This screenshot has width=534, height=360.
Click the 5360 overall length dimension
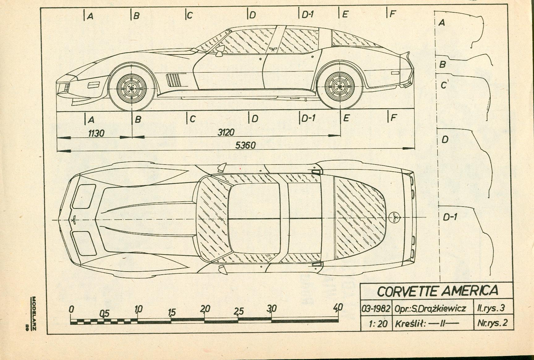tap(245, 145)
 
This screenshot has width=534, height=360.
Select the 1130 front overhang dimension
tap(96, 133)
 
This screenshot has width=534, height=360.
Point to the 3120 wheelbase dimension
tap(226, 132)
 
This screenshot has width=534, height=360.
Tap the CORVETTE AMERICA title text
tap(437, 291)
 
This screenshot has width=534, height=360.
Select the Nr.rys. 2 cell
tap(492, 323)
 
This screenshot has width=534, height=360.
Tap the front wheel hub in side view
tap(132, 88)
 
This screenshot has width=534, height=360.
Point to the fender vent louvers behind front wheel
tap(173, 80)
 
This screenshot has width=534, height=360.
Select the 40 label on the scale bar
tap(338, 307)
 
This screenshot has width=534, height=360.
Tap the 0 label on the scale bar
tap(72, 309)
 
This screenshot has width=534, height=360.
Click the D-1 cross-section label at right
tap(450, 217)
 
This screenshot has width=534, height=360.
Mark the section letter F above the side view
tap(392, 14)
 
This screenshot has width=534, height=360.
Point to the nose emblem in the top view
tap(74, 220)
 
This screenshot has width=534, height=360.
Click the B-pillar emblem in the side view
tap(273, 49)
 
